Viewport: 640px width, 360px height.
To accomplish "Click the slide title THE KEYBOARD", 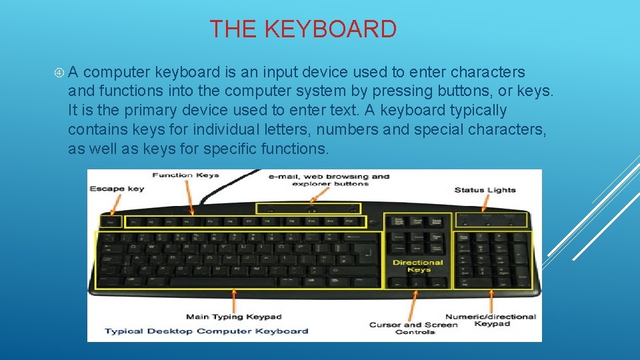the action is tap(303, 29).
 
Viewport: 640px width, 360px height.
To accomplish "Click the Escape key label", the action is tap(117, 189).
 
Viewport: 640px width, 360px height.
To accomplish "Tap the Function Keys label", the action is tap(185, 175).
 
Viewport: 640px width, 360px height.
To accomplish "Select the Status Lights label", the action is tap(485, 190).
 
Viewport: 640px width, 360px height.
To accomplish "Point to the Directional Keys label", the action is tap(418, 266).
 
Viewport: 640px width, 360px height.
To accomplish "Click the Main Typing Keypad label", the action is tap(234, 317).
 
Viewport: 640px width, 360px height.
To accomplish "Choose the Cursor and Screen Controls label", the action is tap(414, 328).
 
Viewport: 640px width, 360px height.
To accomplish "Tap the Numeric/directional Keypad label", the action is tap(491, 320).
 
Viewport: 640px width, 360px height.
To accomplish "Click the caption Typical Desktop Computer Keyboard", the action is tap(207, 331).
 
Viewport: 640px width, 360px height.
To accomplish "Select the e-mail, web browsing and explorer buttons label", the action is tap(329, 180).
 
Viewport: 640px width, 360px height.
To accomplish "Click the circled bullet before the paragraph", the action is tap(59, 72).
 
